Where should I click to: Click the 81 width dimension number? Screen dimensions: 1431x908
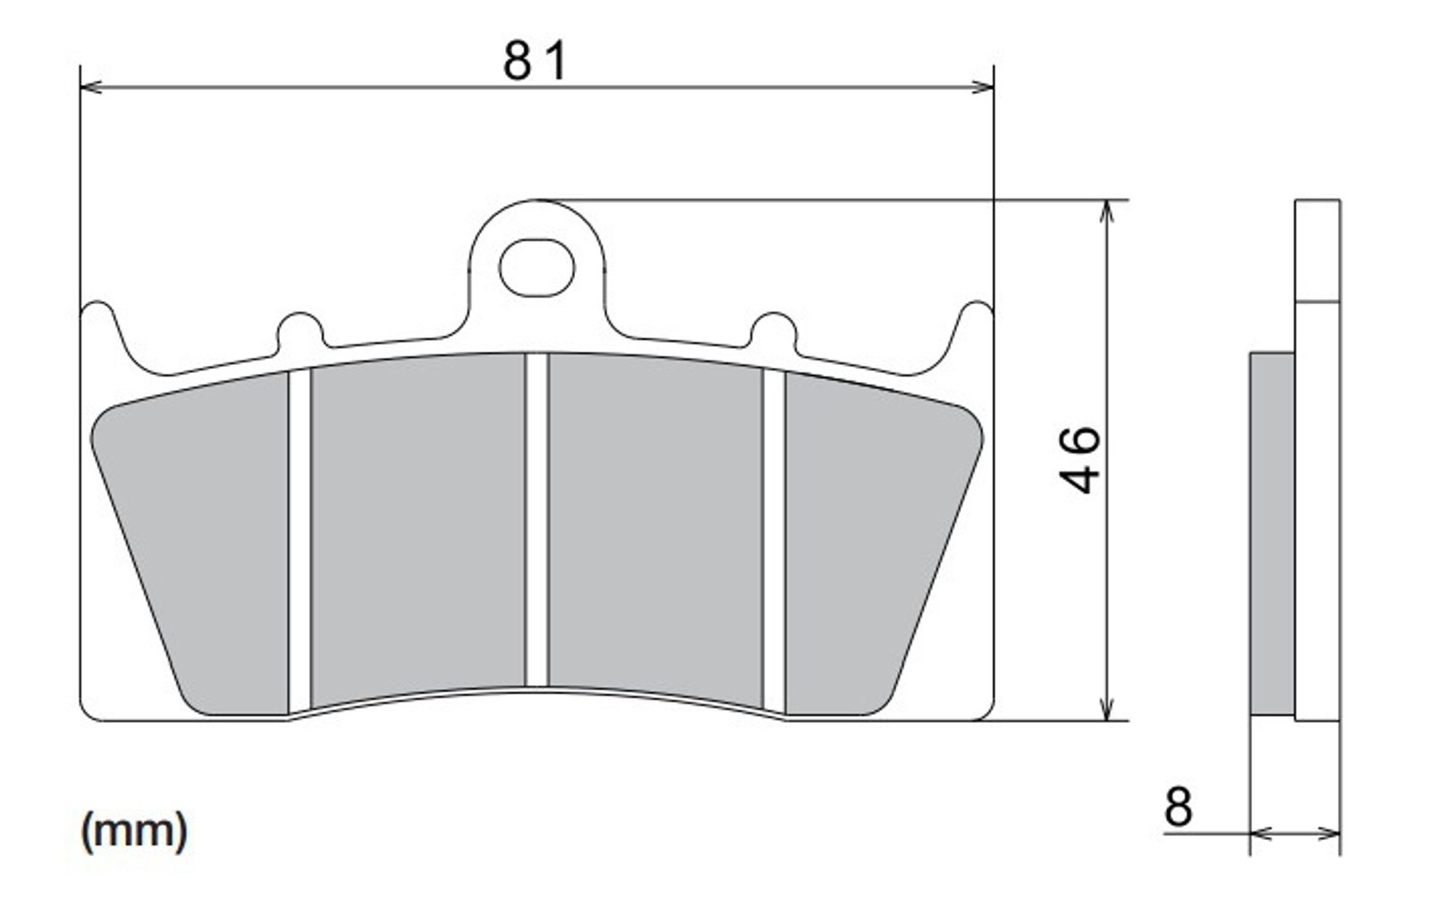(x=535, y=61)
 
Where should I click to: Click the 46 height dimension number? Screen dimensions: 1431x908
(x=1080, y=460)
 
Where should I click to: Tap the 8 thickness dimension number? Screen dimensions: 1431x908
(x=1178, y=806)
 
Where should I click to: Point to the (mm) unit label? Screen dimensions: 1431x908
(x=134, y=831)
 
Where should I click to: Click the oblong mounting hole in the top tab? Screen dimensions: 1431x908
(x=537, y=267)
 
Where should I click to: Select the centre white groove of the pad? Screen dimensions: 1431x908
(x=537, y=520)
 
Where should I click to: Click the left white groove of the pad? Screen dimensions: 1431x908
(x=300, y=540)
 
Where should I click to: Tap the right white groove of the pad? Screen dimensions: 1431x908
(x=774, y=540)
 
